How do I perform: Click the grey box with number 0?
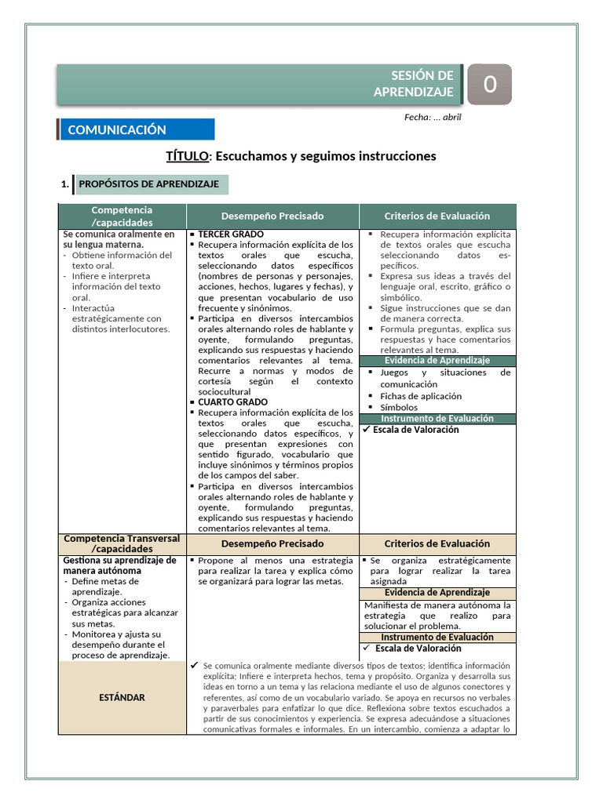coord(489,84)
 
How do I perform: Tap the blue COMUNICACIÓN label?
coord(118,130)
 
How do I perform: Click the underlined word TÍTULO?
coord(187,156)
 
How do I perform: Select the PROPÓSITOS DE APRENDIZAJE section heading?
coord(149,184)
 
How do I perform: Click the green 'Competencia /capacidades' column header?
coord(122,216)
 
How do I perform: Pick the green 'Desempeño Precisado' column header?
coord(272,216)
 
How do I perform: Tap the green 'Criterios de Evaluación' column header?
coord(437,216)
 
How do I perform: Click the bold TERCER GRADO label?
coord(231,234)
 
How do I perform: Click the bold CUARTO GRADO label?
coord(232,401)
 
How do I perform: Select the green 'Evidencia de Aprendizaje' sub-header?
coord(437,360)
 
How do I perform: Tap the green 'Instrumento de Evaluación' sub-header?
coord(437,418)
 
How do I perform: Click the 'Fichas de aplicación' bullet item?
coord(421,396)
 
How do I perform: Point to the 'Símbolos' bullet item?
coord(399,407)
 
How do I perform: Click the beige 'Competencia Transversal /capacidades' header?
coord(122,543)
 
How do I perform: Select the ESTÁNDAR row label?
coord(122,697)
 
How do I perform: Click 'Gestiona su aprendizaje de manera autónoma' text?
coord(119,565)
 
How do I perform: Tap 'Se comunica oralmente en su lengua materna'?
coord(119,239)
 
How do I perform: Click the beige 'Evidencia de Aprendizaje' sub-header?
coord(437,592)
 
